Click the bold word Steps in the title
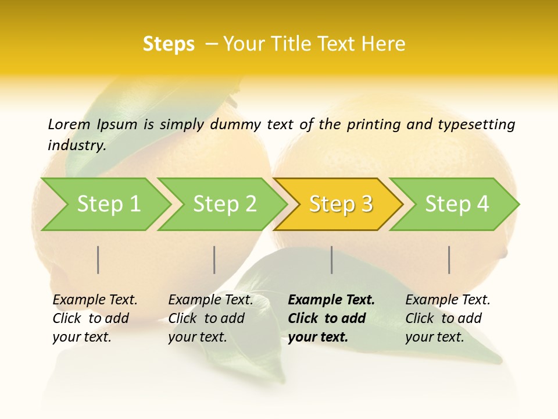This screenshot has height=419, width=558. [x=169, y=44]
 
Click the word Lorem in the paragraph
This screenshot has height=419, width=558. [x=69, y=125]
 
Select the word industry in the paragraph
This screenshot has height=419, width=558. [x=77, y=145]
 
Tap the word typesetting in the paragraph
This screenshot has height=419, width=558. [x=476, y=125]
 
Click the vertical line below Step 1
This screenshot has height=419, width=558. [x=98, y=260]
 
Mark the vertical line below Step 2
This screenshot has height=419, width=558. [x=214, y=260]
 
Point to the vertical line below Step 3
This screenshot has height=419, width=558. [x=332, y=260]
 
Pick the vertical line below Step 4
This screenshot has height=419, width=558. [x=449, y=260]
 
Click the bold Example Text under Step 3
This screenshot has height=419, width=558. [x=331, y=300]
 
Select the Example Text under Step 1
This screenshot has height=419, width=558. [x=95, y=300]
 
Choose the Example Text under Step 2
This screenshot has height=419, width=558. [x=210, y=300]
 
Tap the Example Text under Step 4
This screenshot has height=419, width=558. [x=448, y=300]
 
